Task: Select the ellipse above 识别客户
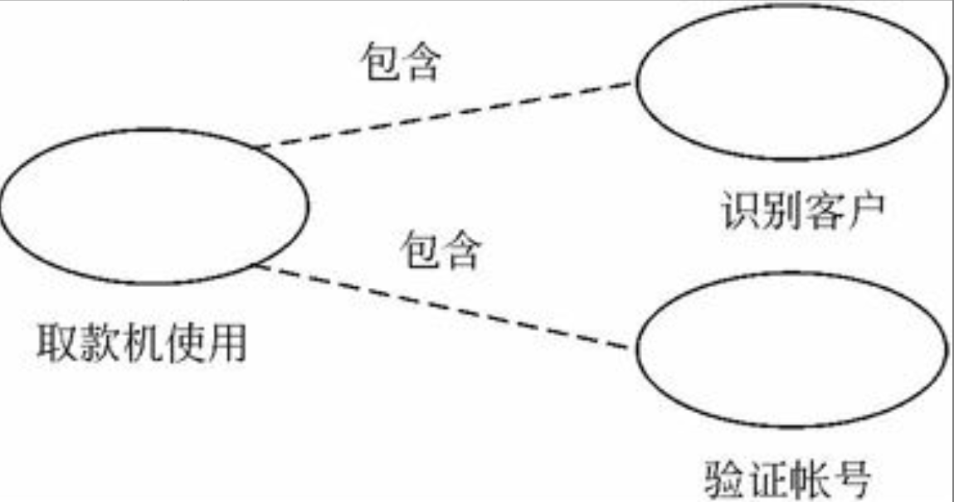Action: [791, 82]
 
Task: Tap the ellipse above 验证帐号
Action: [791, 348]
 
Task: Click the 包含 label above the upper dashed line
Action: [399, 62]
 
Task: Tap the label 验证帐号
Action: [788, 478]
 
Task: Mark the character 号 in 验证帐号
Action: [850, 478]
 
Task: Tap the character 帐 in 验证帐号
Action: [809, 478]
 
